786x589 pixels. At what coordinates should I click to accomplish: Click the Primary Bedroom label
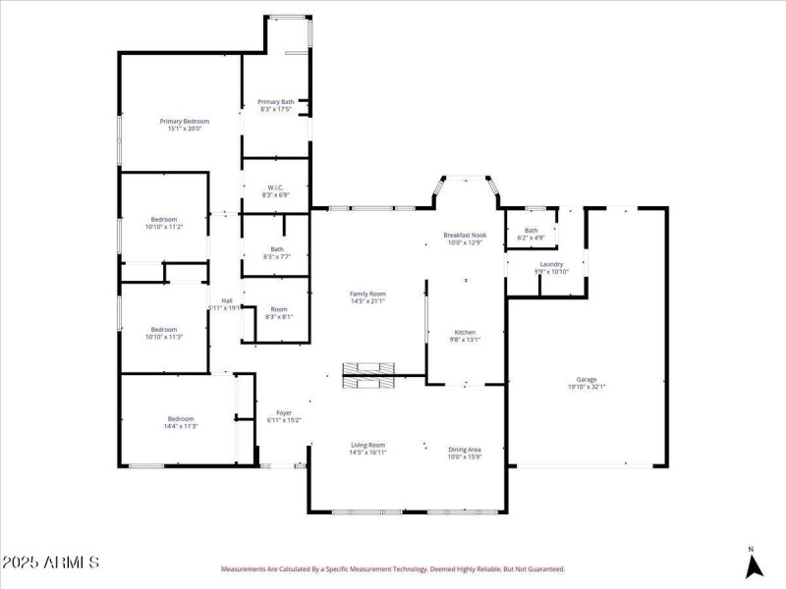pos(185,125)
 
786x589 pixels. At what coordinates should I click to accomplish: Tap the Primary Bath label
pos(276,105)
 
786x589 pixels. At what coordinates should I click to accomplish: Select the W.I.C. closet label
pos(276,191)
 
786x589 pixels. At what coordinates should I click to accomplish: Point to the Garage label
pos(587,383)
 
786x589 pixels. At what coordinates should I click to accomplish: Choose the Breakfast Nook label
pos(465,239)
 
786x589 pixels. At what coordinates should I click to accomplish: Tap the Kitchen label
pos(465,336)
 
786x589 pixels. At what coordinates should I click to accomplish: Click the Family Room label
pos(368,297)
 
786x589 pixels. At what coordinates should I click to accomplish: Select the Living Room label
pos(368,449)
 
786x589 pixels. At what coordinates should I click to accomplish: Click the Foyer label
pos(284,416)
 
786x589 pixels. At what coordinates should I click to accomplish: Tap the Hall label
pos(226,303)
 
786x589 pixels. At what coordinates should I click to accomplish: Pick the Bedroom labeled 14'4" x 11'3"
pos(180,422)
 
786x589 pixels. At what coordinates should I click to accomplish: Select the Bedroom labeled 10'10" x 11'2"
pos(164,223)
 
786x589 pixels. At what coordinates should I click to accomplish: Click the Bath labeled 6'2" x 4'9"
pos(531,234)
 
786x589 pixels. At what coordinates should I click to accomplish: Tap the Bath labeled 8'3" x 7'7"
pos(277,253)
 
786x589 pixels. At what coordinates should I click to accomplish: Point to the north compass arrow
pos(753,564)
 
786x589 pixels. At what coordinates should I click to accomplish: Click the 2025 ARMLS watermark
pos(51,562)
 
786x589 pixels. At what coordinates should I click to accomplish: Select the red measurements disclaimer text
pos(393,568)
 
